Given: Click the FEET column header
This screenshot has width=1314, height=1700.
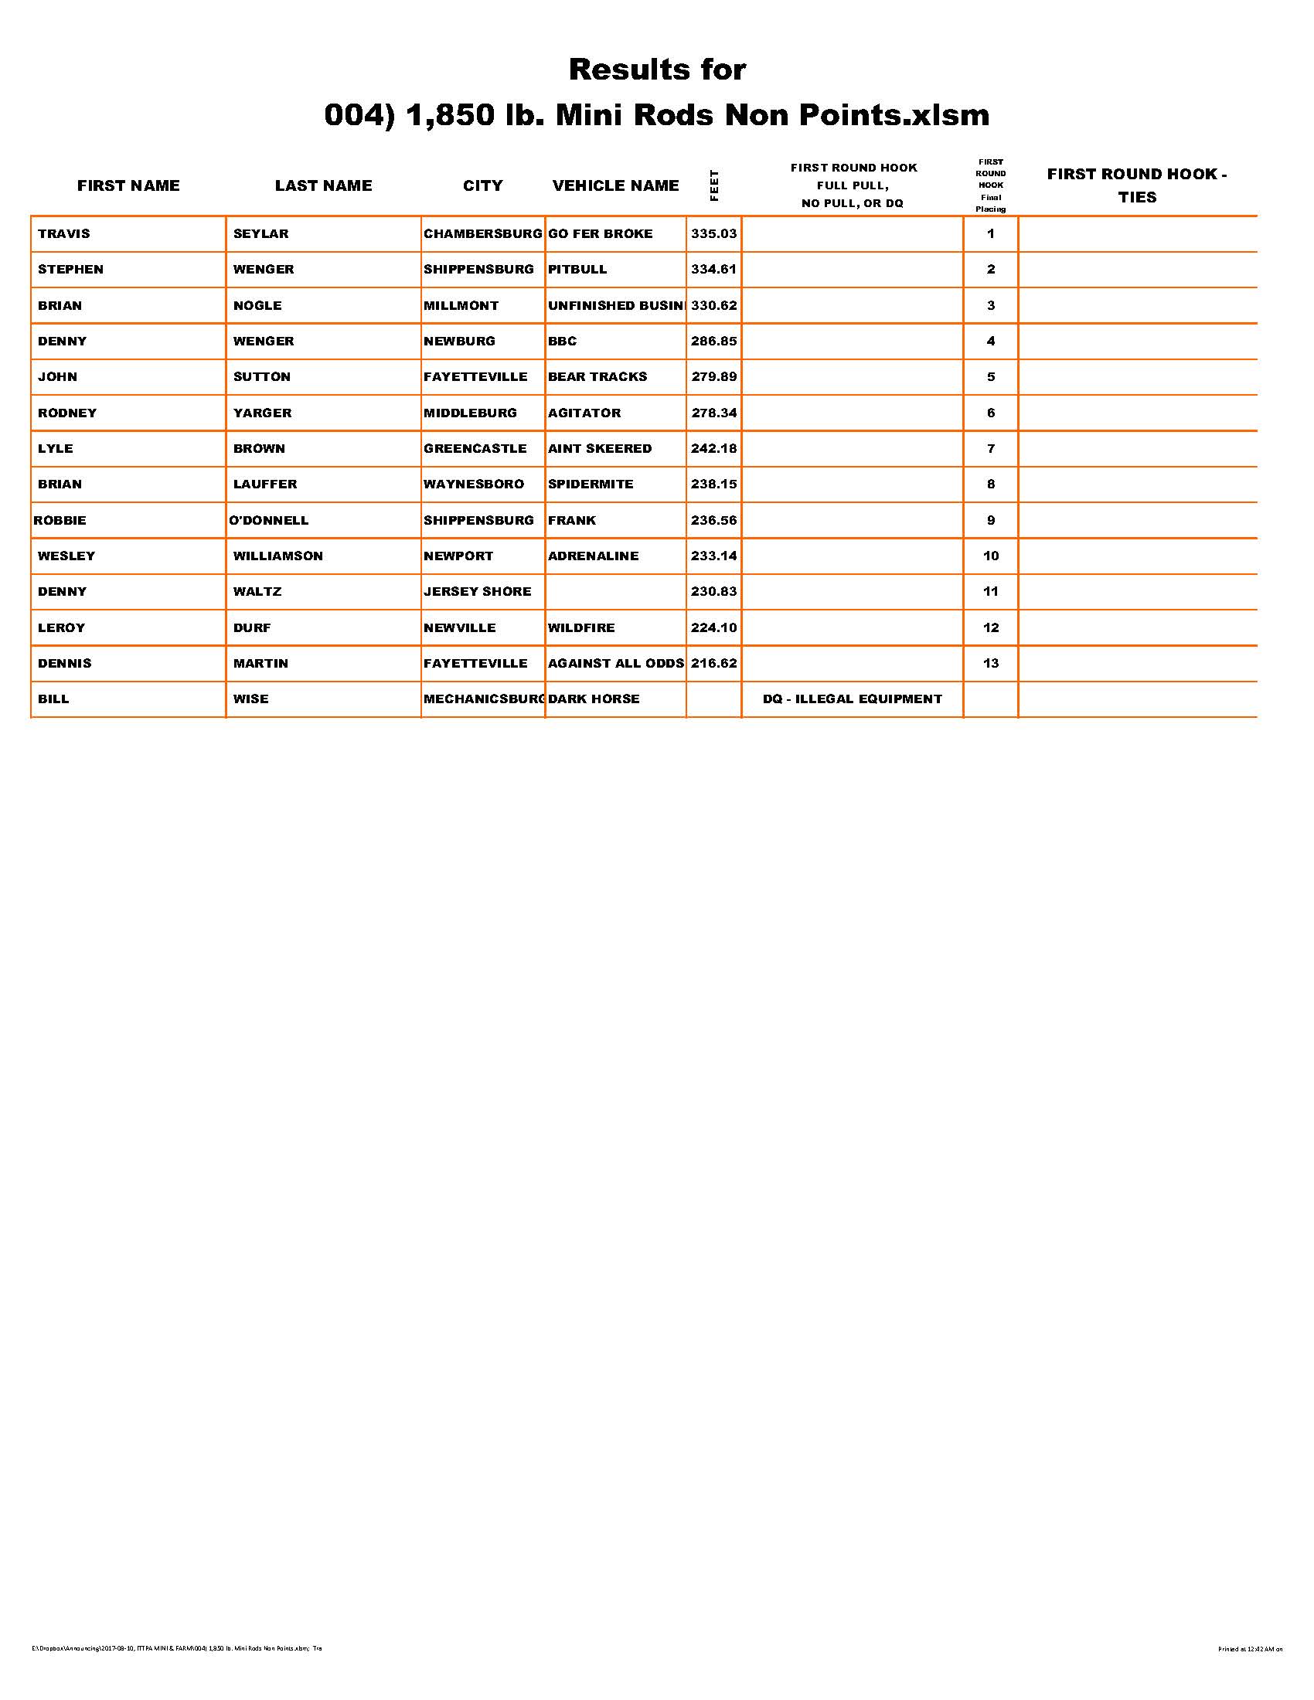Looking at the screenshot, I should [714, 185].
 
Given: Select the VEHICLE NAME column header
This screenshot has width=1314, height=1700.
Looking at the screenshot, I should [616, 185].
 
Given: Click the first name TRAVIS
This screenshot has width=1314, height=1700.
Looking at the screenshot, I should [64, 233].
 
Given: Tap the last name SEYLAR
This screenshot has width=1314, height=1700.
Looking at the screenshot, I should [260, 233].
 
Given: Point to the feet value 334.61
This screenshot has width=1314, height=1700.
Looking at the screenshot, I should [714, 270].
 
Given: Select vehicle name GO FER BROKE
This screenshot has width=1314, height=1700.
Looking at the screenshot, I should [600, 233].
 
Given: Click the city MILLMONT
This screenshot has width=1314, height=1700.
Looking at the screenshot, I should [461, 305].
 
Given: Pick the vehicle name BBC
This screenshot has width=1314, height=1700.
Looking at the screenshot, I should [562, 341].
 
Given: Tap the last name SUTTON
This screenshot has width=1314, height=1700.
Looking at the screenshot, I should [261, 377].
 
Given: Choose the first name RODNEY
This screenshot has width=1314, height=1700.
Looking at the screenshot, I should [67, 413].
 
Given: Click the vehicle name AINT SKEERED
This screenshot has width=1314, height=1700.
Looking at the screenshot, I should [599, 448].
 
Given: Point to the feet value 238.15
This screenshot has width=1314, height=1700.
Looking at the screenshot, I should [714, 484].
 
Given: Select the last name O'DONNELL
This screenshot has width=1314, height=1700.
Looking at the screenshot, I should [268, 520].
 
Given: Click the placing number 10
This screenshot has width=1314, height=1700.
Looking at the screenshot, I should [991, 556].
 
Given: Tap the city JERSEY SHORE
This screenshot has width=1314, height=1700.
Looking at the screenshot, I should [477, 592].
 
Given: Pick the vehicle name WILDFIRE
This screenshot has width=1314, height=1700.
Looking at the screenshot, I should [580, 627].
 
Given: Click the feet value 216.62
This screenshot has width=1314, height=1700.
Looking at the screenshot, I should [714, 663].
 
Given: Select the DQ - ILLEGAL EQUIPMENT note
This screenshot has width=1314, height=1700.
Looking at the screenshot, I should [853, 699].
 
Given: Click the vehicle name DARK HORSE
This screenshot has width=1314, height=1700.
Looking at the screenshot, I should [593, 699].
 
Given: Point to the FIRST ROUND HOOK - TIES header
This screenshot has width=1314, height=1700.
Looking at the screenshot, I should [1137, 185].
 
